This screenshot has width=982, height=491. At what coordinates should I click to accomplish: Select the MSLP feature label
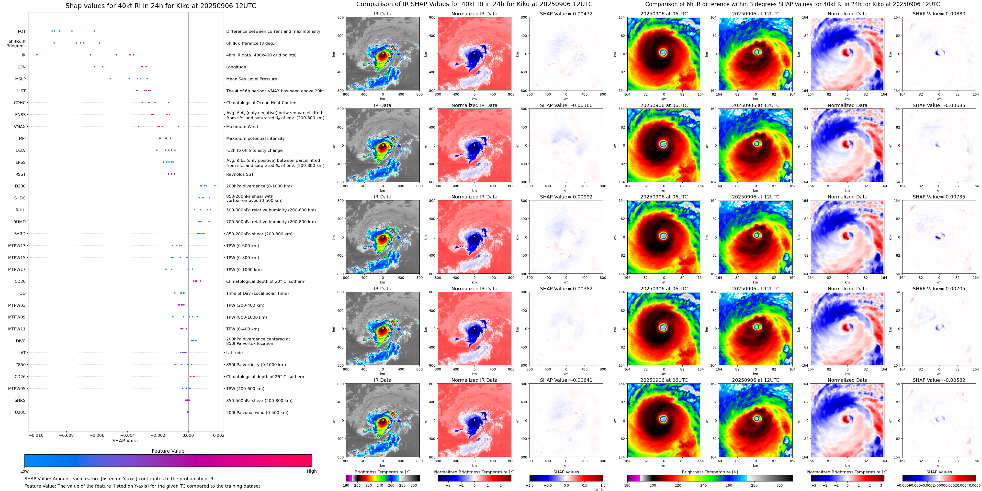[20, 79]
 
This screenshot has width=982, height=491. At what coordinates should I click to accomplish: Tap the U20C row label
[20, 412]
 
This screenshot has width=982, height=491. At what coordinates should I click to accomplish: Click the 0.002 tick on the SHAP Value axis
[218, 435]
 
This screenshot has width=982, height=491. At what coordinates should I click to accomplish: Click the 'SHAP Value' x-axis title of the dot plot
[125, 441]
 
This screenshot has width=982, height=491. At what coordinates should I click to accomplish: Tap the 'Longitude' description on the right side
[236, 67]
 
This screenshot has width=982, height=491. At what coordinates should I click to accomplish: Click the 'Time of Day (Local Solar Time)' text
[257, 293]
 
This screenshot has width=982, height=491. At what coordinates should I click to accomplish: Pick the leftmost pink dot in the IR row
[37, 55]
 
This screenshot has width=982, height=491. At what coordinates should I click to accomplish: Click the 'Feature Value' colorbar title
[168, 451]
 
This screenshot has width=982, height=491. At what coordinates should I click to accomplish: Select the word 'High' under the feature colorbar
[311, 471]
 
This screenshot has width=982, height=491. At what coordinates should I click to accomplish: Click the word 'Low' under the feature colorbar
[24, 471]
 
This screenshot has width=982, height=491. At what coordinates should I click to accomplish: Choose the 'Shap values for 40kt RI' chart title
[160, 6]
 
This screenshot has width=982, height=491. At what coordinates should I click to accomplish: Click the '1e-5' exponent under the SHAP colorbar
[598, 490]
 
